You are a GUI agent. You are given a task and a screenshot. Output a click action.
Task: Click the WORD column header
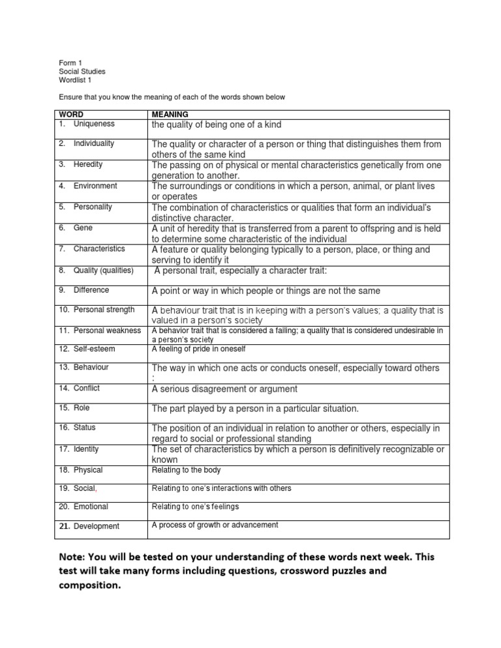point(70,114)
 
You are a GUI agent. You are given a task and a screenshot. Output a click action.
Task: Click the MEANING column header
point(170,114)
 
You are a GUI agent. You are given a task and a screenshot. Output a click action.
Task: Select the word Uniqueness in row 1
point(93,123)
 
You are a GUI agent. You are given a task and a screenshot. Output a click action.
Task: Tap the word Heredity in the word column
point(88,165)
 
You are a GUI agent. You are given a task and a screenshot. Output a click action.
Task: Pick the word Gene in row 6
point(83,228)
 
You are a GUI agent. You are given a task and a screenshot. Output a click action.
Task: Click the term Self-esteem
point(94,349)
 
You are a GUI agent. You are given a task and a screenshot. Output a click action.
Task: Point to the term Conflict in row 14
point(88,388)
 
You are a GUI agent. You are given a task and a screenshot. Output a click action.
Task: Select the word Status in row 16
point(85,428)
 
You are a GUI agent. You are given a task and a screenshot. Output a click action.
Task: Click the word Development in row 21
point(97,525)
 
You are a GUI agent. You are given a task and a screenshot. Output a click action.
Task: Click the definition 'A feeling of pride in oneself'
point(198,349)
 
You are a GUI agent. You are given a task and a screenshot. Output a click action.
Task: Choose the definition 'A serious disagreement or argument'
point(224,389)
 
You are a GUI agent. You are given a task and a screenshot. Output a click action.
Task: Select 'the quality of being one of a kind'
point(226,125)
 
